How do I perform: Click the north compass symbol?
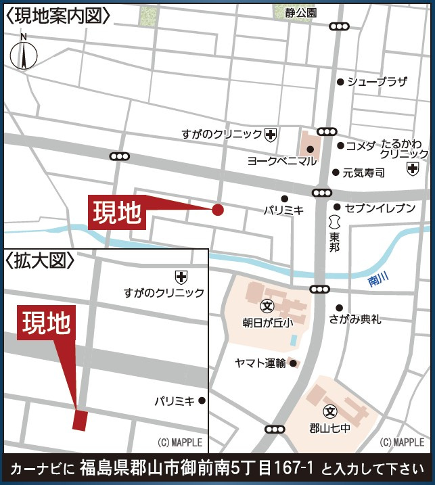(24, 53)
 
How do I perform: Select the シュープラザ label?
(377, 82)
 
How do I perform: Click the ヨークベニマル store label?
(281, 161)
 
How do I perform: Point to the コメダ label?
(360, 145)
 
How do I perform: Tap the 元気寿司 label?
(363, 172)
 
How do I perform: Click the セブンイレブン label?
(379, 208)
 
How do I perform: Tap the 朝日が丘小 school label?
(267, 322)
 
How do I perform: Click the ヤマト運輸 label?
(260, 363)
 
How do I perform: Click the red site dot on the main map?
(218, 210)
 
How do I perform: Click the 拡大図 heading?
(39, 258)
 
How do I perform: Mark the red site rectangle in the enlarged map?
(80, 420)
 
